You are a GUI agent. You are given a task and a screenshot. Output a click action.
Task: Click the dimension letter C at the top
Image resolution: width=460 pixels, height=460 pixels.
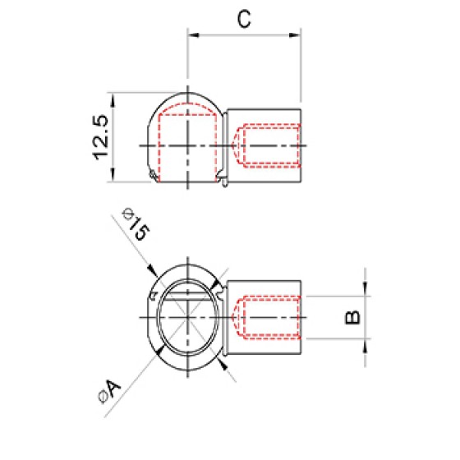coord(244,19)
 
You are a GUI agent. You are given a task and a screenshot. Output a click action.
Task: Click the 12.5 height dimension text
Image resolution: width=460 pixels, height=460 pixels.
coord(100,137)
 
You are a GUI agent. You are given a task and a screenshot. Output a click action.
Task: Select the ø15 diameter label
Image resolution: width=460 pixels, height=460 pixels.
coord(136,224)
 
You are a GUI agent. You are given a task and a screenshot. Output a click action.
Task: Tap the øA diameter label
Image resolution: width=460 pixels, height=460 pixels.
coord(109,391)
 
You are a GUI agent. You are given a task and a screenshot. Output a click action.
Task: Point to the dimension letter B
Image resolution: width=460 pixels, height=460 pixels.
coord(352,317)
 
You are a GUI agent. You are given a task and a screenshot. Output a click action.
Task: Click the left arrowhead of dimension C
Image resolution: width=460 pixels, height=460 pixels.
coord(194,35)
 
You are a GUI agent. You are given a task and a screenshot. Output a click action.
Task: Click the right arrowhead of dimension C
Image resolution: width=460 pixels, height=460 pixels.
coord(295,35)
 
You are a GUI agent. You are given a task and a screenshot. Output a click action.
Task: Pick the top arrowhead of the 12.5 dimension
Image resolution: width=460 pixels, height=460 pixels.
coord(113,99)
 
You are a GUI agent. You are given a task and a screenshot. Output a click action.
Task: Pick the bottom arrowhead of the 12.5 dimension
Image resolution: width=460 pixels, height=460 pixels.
coord(113,175)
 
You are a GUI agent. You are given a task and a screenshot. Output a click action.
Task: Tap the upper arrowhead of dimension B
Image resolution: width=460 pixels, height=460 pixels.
coord(365,288)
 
